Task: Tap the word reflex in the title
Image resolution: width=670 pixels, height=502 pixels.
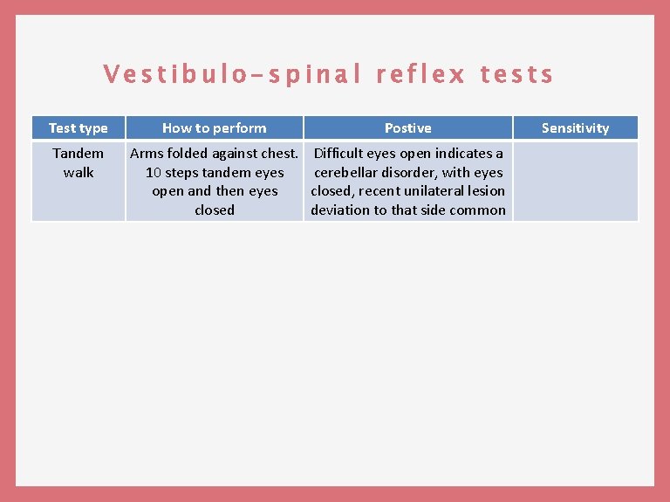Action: tap(420, 75)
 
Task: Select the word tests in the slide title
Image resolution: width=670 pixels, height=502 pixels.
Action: tap(516, 75)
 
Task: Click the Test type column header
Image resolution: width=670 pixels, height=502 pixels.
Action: tap(79, 128)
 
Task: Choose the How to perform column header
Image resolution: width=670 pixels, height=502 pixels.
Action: tap(215, 128)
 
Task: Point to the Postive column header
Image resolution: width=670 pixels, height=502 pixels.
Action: tap(407, 128)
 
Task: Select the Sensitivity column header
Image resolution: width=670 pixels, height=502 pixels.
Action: tap(575, 128)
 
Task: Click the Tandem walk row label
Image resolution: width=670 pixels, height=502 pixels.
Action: tap(79, 162)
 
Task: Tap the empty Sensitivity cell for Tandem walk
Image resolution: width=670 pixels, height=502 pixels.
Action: tap(575, 181)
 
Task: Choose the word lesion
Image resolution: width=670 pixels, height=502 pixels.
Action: tap(486, 191)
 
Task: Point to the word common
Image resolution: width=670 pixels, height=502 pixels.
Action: tap(479, 210)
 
